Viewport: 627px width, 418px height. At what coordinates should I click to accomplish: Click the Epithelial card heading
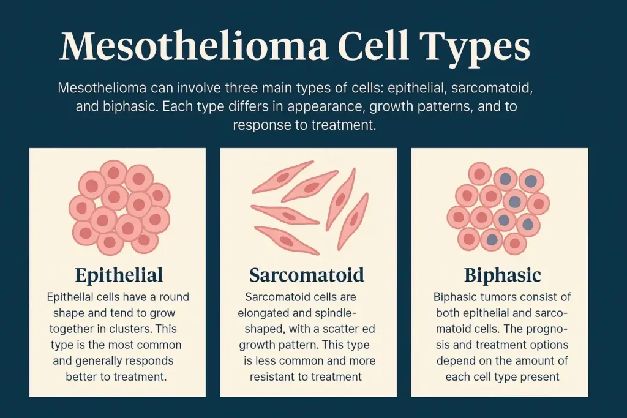(x=119, y=275)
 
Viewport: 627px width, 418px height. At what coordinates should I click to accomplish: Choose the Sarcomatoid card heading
(x=307, y=275)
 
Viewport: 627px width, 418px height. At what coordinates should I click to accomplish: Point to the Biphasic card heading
(x=502, y=275)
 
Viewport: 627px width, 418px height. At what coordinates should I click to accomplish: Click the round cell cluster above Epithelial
(x=119, y=207)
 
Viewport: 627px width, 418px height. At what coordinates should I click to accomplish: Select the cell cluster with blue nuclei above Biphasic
(x=498, y=208)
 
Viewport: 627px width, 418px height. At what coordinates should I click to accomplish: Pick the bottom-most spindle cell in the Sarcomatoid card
(x=287, y=240)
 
